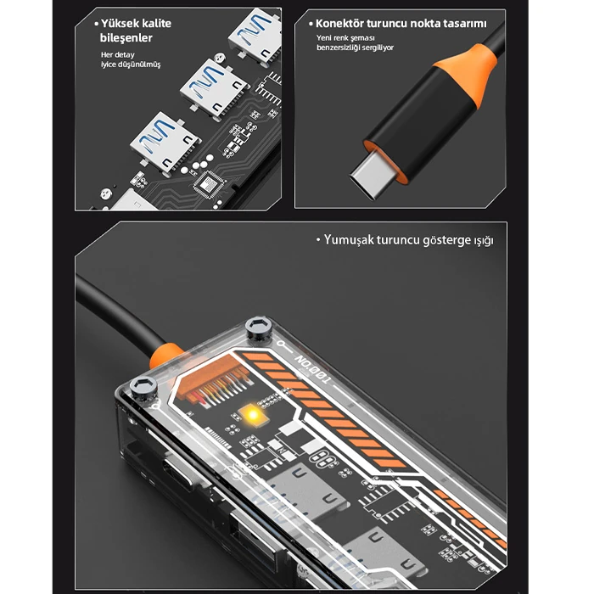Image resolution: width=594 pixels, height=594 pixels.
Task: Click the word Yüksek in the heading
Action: pyautogui.click(x=120, y=24)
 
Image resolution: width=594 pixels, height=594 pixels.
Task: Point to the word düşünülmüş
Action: pyautogui.click(x=141, y=65)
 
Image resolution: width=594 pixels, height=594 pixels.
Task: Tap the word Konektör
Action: pyautogui.click(x=341, y=24)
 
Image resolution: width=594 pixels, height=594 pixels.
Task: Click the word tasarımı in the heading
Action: pyautogui.click(x=461, y=24)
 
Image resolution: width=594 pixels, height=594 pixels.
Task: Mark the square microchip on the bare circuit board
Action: pyautogui.click(x=206, y=182)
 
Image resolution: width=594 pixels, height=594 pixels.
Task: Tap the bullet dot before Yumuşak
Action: pyautogui.click(x=317, y=240)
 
